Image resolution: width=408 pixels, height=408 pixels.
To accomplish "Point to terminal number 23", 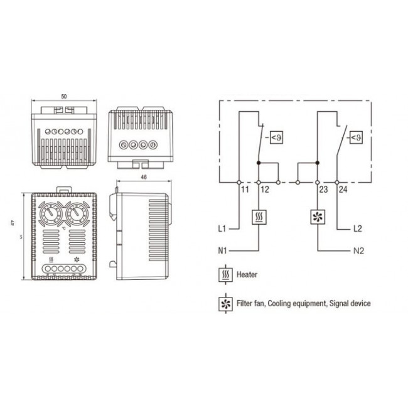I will [x=323, y=188].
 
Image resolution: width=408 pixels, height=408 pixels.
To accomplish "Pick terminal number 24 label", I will [x=343, y=188].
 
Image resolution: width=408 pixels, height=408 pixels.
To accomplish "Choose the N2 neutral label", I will [x=358, y=251].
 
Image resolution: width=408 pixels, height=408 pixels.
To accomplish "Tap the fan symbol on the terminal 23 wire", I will [x=318, y=217].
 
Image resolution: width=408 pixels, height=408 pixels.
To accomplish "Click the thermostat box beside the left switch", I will [x=276, y=137].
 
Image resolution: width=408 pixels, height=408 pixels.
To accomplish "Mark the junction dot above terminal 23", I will [x=318, y=162].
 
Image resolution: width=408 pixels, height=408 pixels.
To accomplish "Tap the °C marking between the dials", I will [x=65, y=228].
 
